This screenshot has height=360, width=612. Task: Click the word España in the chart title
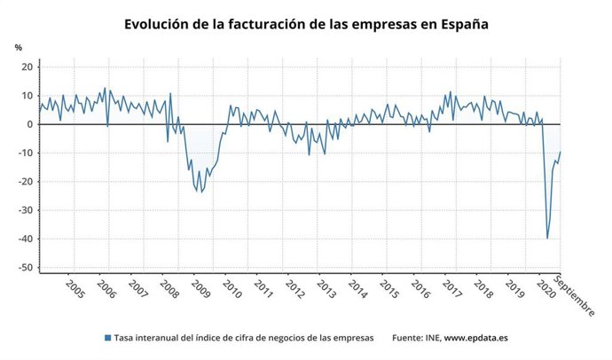pyautogui.click(x=460, y=24)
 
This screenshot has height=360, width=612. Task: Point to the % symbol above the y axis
pyautogui.click(x=18, y=47)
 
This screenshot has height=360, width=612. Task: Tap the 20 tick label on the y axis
pyautogui.click(x=27, y=67)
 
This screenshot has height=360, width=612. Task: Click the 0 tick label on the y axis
pyautogui.click(x=29, y=124)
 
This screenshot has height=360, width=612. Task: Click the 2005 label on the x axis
pyautogui.click(x=75, y=291)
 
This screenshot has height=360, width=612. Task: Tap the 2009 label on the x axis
pyautogui.click(x=200, y=291)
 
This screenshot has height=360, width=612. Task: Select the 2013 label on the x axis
pyautogui.click(x=326, y=291)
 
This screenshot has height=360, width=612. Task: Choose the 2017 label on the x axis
pyautogui.click(x=451, y=291)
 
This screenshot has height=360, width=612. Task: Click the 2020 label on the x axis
pyautogui.click(x=545, y=291)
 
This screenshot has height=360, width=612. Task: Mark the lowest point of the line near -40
pyautogui.click(x=547, y=239)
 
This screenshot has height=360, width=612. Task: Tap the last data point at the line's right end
pyautogui.click(x=561, y=152)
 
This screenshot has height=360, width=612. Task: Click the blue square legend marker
pyautogui.click(x=108, y=338)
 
